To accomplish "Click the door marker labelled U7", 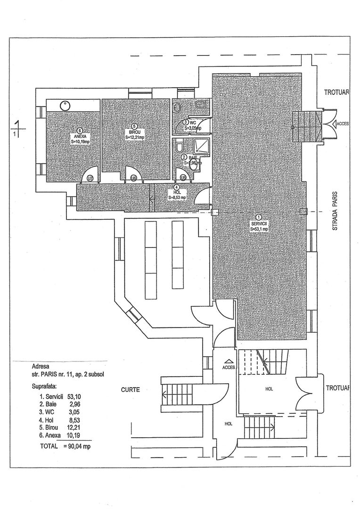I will click(x=90, y=178).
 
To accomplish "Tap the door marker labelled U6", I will click(x=134, y=178).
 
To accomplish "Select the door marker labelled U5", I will click(x=183, y=178).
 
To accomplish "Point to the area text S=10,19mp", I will click(x=80, y=141).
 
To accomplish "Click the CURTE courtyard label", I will click(x=129, y=390).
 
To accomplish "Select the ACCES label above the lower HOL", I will click(x=228, y=367).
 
